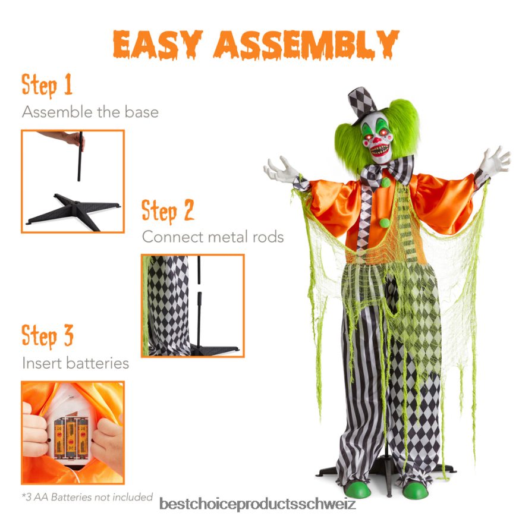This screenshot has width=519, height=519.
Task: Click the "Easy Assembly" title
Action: (256, 45)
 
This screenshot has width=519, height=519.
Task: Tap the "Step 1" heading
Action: (47, 86)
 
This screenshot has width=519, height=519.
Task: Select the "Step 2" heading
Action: (168, 211)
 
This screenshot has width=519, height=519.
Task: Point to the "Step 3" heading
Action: (48, 336)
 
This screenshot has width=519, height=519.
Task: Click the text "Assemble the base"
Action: (90, 112)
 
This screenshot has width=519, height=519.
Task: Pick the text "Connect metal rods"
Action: (212, 237)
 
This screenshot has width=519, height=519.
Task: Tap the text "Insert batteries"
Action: (75, 363)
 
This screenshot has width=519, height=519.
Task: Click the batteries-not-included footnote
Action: (87, 497)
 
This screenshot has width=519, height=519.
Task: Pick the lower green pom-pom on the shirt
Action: (385, 223)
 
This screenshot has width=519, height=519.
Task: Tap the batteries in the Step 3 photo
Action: (71, 436)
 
